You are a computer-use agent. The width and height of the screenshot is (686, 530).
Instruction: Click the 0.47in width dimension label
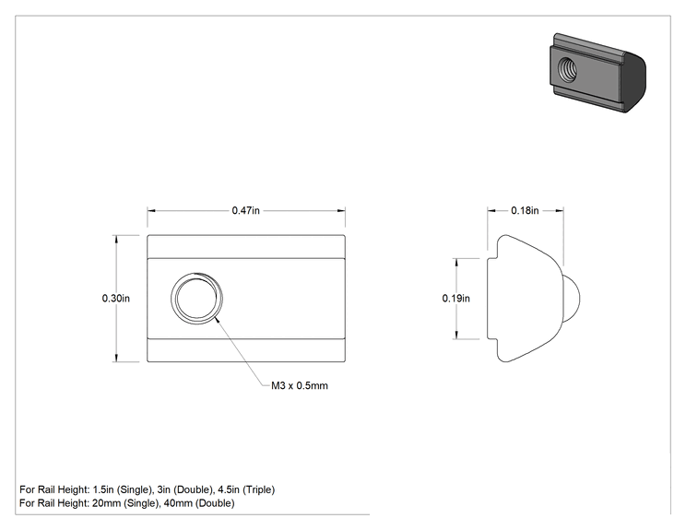coord(245,210)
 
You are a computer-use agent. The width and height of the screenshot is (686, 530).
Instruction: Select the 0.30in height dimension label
coord(116,299)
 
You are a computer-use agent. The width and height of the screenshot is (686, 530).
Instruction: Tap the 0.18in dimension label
coord(525,210)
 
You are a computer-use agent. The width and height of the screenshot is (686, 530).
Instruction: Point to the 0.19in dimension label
coord(455,299)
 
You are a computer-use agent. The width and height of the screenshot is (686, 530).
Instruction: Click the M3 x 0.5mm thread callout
coord(300,385)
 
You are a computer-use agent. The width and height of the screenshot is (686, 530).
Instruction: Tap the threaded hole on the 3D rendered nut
coord(567,69)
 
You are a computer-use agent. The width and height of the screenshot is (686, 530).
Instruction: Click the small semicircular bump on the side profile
coord(572,299)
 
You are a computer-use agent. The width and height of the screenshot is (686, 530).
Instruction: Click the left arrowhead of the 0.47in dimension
coord(151,211)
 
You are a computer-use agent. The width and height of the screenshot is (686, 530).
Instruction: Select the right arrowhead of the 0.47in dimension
coord(341,211)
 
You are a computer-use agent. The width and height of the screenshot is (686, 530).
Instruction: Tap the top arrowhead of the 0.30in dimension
coord(116,240)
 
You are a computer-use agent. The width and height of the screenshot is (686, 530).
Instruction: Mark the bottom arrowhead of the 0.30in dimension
coord(116,358)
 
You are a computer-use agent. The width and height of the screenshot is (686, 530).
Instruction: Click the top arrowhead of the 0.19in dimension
coord(456,263)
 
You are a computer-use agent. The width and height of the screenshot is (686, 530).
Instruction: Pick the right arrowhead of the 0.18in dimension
coord(559,211)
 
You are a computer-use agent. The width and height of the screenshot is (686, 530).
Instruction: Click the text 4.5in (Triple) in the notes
coord(246,489)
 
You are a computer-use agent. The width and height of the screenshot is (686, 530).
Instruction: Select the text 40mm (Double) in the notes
coord(199,503)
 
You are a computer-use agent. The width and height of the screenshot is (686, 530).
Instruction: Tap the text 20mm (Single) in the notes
coord(125,503)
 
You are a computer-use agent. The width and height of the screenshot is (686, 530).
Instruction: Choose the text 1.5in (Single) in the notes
coord(123,489)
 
